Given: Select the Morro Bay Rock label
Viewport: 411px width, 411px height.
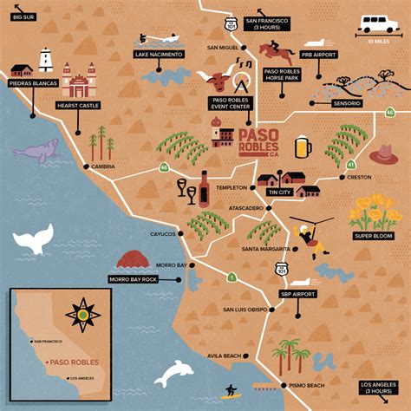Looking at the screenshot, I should click(132, 279).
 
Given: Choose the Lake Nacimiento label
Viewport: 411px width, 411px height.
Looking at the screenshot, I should click(159, 54).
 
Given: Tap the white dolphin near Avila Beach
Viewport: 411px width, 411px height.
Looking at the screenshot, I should click(173, 372).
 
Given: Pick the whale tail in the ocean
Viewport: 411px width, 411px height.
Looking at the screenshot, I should click(33, 240).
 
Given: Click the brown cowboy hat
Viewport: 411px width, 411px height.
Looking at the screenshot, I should click(383, 154).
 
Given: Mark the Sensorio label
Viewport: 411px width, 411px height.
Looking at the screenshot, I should click(346, 103).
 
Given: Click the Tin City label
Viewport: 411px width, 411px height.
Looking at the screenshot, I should click(278, 192).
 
